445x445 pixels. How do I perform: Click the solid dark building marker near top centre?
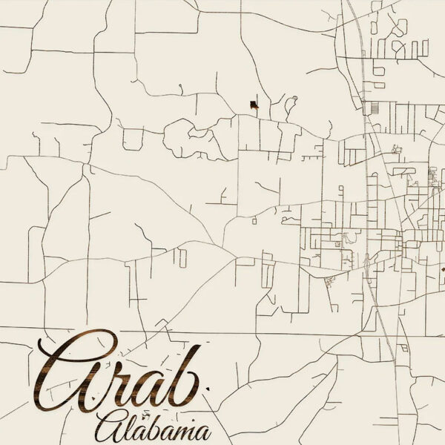[x=253, y=105]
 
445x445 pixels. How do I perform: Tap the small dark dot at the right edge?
[x=443, y=269]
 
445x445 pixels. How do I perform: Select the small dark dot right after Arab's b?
[x=208, y=388]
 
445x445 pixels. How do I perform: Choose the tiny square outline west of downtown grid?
[x=254, y=220]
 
